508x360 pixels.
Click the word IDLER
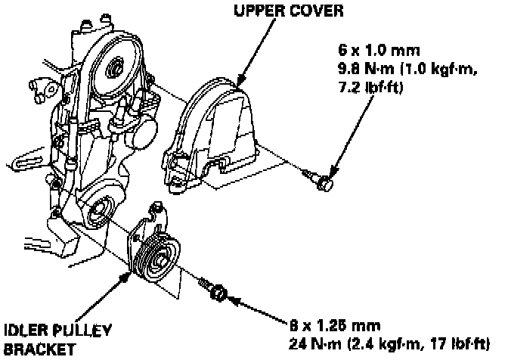pos(25,331)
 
